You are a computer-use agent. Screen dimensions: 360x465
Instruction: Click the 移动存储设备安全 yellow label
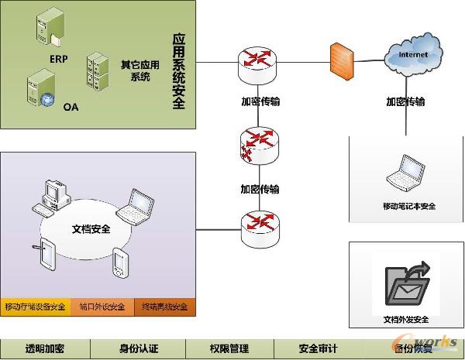point(35,307)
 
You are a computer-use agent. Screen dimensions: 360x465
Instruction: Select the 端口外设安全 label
point(102,307)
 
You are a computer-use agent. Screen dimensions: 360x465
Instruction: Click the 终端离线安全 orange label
point(165,307)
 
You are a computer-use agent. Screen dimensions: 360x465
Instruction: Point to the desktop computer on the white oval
point(52,197)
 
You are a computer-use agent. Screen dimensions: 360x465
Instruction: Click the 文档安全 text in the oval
point(91,229)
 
